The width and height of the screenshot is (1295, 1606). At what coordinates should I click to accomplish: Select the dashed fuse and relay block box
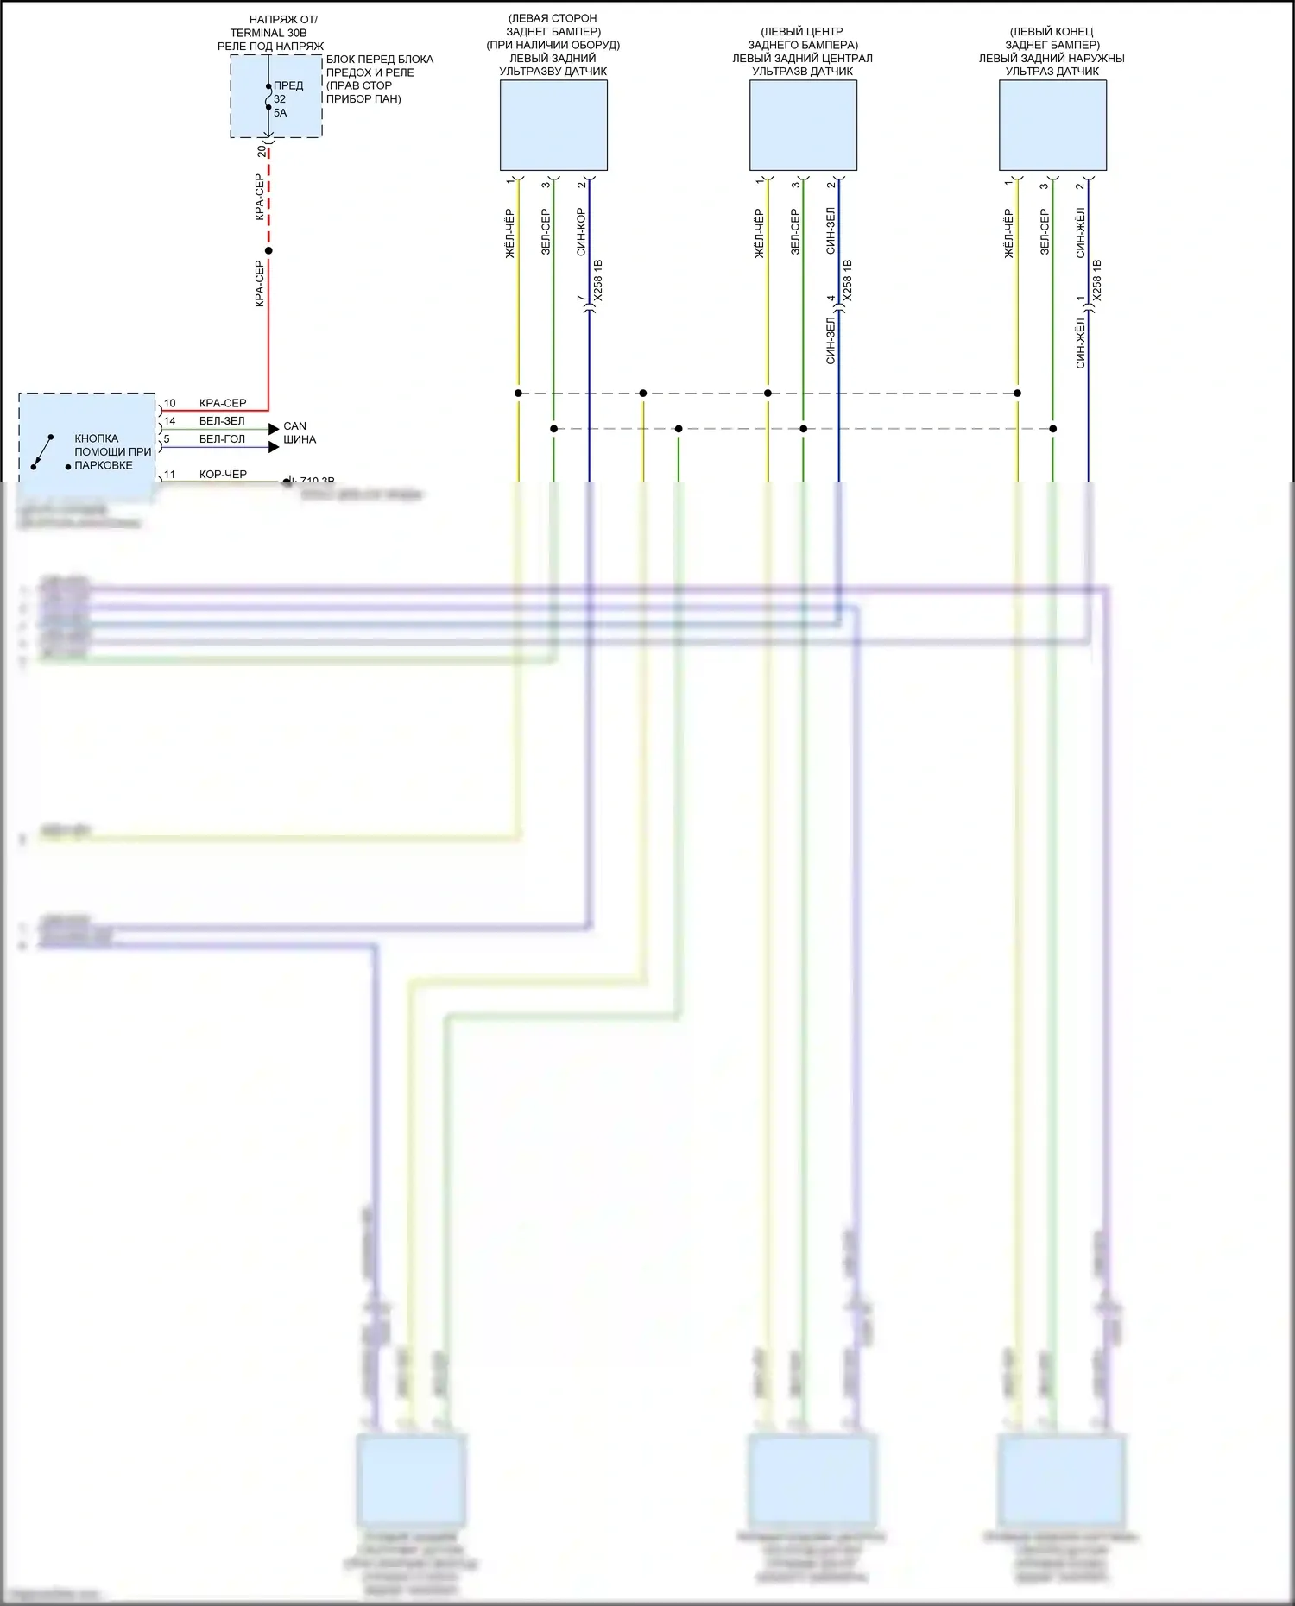click(276, 96)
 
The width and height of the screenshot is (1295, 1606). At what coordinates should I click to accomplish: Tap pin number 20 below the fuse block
click(262, 150)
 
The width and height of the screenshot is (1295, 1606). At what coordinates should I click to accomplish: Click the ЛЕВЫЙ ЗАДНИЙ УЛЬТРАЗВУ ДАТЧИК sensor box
click(553, 125)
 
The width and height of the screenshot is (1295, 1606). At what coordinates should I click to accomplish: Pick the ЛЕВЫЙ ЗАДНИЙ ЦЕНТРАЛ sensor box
click(803, 125)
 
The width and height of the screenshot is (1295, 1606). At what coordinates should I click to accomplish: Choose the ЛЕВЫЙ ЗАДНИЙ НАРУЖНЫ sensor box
click(1052, 125)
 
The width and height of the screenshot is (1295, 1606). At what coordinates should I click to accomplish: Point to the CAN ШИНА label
click(299, 432)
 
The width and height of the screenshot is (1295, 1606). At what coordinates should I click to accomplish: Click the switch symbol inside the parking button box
click(42, 452)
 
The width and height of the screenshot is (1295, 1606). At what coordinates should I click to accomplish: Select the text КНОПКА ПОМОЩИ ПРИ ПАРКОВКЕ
click(111, 451)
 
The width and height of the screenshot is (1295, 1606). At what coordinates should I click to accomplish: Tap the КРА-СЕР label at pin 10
click(223, 403)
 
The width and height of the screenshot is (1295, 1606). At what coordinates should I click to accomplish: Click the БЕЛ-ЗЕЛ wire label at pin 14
click(222, 421)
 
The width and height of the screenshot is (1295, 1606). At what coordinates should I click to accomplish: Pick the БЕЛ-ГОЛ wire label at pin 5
click(222, 439)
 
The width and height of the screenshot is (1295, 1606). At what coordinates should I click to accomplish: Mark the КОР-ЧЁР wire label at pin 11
click(223, 475)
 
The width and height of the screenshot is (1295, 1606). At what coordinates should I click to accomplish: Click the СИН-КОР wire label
click(581, 231)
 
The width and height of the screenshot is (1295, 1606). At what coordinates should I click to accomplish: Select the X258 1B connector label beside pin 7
click(598, 280)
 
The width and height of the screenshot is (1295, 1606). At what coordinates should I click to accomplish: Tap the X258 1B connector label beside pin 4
click(848, 280)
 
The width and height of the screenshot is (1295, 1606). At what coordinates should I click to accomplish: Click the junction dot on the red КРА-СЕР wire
click(268, 251)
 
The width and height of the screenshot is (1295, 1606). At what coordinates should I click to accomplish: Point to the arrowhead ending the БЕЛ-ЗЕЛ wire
click(275, 428)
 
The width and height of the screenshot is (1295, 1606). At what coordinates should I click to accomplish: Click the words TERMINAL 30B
click(268, 33)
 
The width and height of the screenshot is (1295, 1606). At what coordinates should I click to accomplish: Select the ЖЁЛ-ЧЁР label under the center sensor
click(759, 233)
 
